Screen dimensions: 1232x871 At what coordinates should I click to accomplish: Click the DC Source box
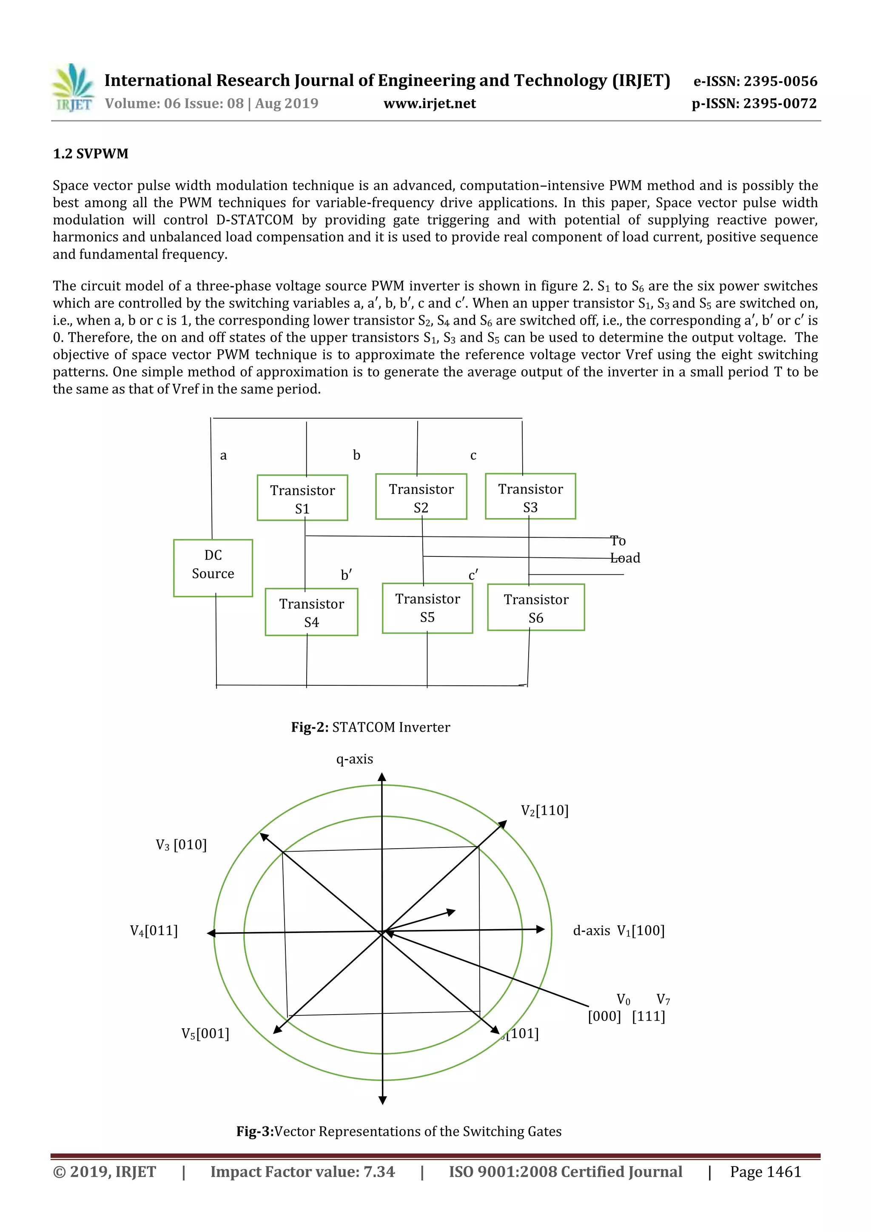pos(213,567)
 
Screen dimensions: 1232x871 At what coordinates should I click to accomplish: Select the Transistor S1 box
pos(302,497)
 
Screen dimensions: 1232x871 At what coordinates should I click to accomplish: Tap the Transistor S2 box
pos(421,496)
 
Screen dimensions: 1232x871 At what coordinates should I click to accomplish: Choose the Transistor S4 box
pos(312,612)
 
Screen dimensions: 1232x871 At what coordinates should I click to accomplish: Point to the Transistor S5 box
pos(427,608)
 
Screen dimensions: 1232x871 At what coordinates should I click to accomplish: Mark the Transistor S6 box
pos(536,607)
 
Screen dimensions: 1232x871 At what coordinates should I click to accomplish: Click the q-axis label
pos(355,759)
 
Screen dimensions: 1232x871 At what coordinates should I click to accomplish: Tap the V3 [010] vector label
pos(181,844)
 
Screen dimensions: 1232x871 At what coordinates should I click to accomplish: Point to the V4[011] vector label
pos(154,930)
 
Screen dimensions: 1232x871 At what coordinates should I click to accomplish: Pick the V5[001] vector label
pos(205,1033)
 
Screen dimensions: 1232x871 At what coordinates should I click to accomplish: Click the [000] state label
pos(604,1016)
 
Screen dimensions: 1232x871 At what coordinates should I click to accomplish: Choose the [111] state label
pos(649,1016)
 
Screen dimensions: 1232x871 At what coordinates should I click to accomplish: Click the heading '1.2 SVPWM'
pos(91,154)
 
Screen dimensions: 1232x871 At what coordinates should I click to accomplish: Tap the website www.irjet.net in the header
pos(430,103)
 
